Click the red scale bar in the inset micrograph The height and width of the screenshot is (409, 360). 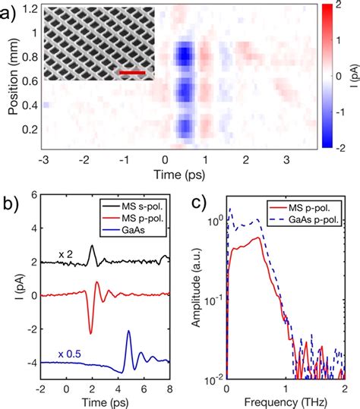(132, 73)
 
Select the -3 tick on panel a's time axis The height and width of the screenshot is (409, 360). (45, 160)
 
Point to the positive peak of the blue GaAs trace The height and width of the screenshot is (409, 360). (128, 331)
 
